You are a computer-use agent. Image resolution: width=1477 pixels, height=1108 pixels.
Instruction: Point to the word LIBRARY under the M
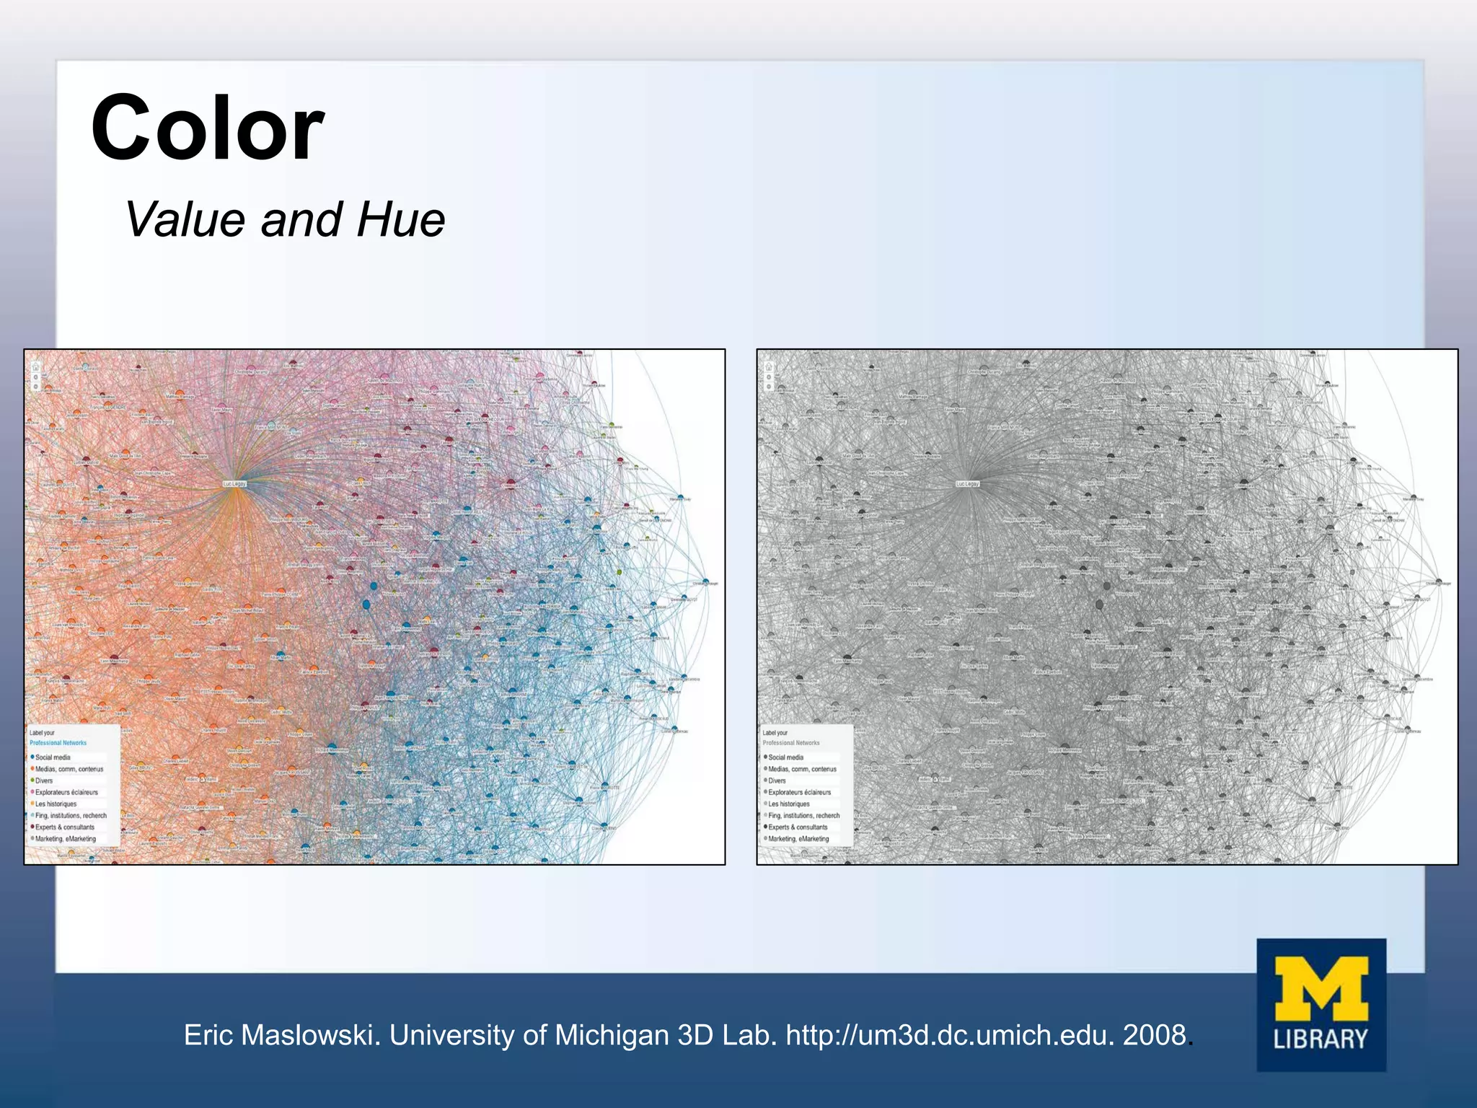(x=1321, y=1039)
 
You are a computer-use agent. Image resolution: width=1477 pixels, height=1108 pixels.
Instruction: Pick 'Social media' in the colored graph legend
(x=53, y=757)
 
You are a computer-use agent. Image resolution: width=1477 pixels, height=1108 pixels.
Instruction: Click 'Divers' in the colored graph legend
(x=44, y=781)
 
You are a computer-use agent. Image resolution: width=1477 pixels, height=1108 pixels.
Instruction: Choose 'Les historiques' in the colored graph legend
(x=56, y=804)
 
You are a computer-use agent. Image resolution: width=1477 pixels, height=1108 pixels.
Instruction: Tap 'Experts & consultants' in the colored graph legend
(x=65, y=827)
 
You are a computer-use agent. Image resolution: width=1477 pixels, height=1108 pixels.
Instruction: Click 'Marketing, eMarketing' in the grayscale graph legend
(x=798, y=839)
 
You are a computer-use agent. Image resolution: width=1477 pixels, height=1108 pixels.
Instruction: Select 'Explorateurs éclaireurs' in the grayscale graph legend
(x=799, y=792)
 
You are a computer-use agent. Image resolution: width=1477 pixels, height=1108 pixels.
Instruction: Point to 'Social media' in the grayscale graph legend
(x=786, y=757)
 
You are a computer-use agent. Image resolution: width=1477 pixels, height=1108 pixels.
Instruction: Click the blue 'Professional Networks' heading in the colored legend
(x=58, y=743)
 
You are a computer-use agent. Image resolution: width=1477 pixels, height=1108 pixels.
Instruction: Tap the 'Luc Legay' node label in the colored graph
(x=234, y=484)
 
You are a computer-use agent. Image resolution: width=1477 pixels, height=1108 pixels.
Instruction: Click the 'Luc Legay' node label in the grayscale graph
(x=967, y=484)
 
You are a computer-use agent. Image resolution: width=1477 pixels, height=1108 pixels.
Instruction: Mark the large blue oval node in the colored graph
(x=366, y=604)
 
